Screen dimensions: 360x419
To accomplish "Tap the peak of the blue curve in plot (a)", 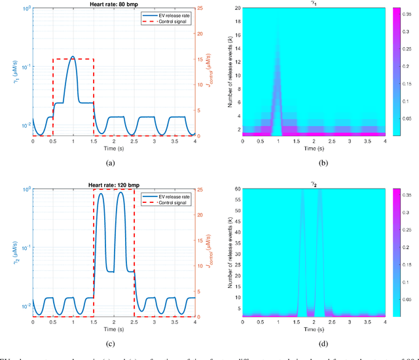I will tap(73, 57).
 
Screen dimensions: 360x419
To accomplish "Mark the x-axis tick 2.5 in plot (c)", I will tap(134, 322).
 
